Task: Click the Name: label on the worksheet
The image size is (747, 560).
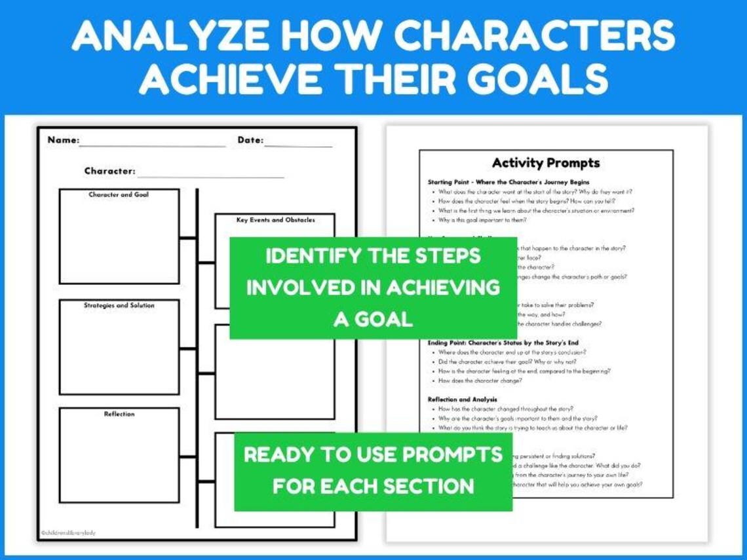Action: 63,140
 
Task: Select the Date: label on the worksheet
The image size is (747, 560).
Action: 250,140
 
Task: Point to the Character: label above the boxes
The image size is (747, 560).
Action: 109,172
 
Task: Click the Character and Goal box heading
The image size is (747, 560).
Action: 119,195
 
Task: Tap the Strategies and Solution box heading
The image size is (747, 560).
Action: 119,306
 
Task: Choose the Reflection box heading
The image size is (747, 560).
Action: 119,414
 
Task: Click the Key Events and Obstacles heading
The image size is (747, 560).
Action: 275,220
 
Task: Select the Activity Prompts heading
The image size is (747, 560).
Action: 546,163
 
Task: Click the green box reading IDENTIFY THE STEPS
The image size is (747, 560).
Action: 373,288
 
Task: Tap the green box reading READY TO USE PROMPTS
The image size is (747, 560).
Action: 373,470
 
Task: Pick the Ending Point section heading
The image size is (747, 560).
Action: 503,343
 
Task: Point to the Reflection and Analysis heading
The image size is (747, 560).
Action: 462,399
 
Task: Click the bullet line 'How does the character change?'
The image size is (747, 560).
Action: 480,381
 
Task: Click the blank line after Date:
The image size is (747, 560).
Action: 298,145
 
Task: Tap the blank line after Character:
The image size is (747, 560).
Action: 210,176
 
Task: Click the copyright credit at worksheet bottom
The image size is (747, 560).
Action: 67,532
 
